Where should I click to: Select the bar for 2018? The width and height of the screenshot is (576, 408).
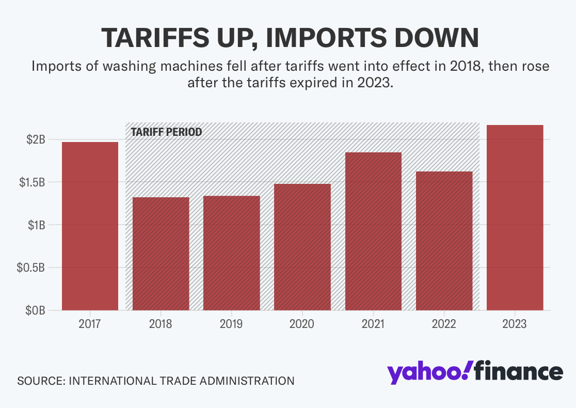point(161,254)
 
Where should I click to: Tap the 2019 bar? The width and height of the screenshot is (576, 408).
point(231,253)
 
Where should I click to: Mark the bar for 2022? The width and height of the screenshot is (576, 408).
point(444,241)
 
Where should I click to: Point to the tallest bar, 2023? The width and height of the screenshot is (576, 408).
point(515,217)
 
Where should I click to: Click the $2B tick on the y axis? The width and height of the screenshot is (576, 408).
point(36,139)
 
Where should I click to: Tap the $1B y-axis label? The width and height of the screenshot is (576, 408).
point(36,225)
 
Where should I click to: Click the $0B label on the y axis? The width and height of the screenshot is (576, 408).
point(36,310)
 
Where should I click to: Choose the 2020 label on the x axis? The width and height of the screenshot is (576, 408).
point(302,324)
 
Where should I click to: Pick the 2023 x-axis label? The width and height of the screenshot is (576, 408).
point(515,324)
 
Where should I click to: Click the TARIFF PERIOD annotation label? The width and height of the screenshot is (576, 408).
point(166,132)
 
